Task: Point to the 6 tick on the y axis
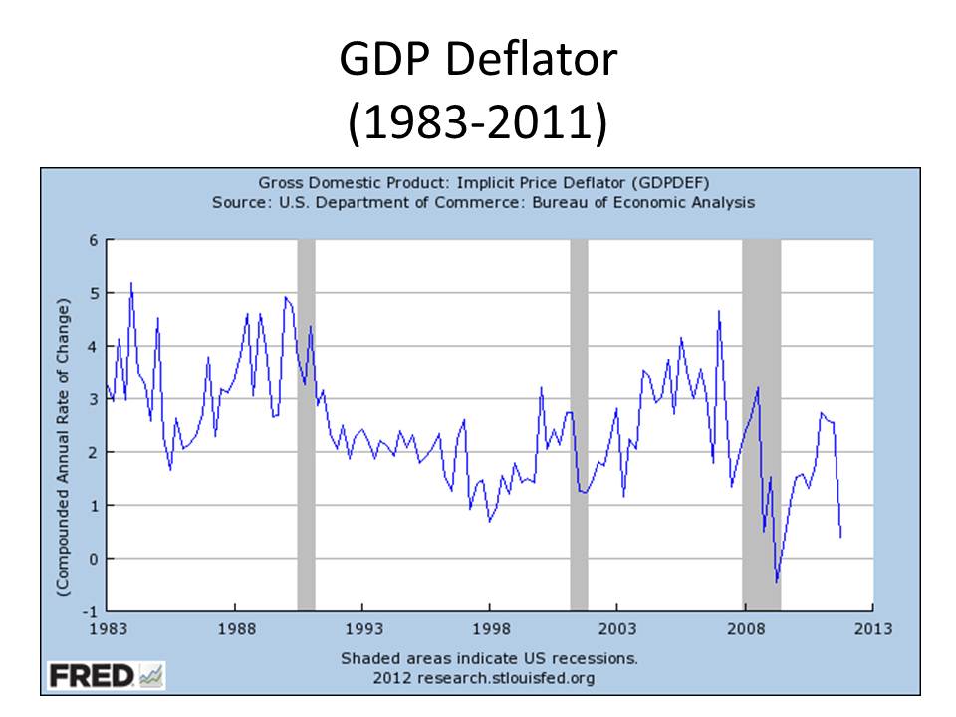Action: [x=94, y=240]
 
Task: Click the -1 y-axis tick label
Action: [x=92, y=611]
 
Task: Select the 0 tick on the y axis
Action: [x=94, y=559]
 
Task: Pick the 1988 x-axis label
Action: [x=235, y=629]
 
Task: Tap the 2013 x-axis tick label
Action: [x=872, y=629]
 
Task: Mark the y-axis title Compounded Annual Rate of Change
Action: [x=63, y=445]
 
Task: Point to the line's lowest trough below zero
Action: [x=776, y=581]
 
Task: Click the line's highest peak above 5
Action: [x=131, y=284]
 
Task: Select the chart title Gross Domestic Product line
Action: [x=483, y=183]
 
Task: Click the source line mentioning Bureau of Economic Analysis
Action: [x=483, y=202]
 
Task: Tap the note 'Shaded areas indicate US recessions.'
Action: [x=489, y=658]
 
